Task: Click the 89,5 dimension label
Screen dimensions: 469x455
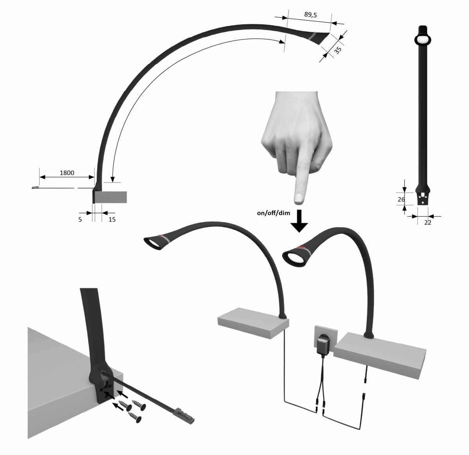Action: point(310,15)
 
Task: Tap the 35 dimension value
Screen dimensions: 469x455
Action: point(338,50)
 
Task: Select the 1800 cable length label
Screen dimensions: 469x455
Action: point(67,173)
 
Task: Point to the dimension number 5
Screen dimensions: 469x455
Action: point(80,219)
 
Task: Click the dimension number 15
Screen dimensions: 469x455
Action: point(112,219)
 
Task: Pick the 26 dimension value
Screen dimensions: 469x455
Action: point(401,199)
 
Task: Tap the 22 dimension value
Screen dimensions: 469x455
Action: point(428,223)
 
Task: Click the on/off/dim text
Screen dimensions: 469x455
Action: point(274,213)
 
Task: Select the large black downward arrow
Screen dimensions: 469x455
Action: point(299,221)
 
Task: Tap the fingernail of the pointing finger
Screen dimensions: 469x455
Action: point(299,198)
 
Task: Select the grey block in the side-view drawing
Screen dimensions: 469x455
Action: point(111,197)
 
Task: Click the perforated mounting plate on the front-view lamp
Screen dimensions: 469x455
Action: point(423,198)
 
